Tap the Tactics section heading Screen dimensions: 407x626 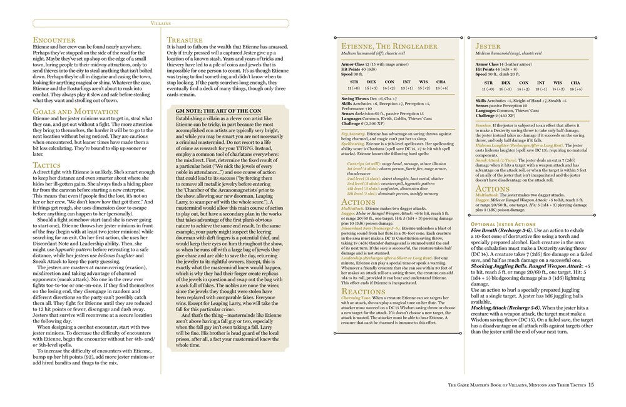[48, 165]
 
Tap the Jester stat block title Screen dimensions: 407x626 [488, 47]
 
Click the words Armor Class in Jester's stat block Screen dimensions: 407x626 [487, 64]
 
